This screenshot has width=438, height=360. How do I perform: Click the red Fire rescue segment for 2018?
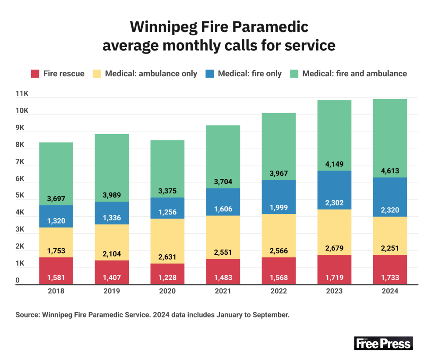tap(57, 271)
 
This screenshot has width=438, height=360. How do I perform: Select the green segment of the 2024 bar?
tap(390, 138)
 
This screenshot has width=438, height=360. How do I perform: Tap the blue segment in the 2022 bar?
tap(279, 197)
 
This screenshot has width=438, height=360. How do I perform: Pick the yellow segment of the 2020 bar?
tap(167, 241)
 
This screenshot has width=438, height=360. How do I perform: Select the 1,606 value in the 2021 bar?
tap(223, 209)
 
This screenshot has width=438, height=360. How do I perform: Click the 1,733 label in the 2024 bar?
tap(390, 277)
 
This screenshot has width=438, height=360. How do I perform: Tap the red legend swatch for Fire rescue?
tap(35, 74)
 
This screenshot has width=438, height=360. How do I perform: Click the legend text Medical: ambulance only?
tap(151, 74)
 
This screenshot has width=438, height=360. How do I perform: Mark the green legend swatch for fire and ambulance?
tap(293, 74)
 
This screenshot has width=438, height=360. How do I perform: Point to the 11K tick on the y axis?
tap(22, 94)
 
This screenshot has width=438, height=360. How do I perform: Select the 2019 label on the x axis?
tap(112, 291)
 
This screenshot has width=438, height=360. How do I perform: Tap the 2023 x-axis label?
tap(334, 291)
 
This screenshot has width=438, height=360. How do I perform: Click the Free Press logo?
tap(383, 343)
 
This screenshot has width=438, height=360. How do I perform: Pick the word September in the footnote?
tap(271, 315)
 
